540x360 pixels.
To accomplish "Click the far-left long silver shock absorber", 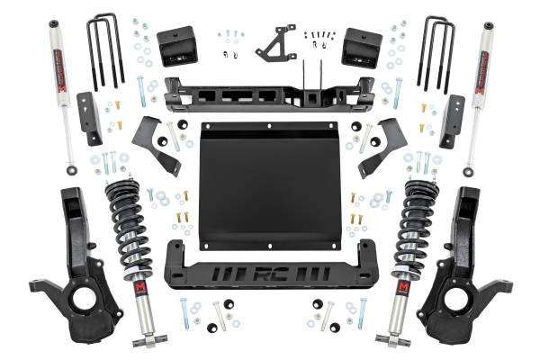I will (60, 90).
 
